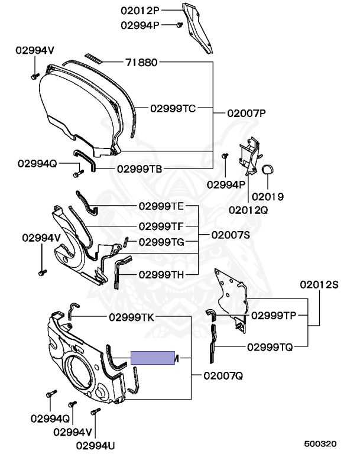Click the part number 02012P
click(141, 10)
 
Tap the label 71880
click(141, 62)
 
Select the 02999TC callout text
click(172, 108)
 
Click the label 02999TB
click(139, 168)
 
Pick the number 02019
click(268, 196)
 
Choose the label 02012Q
click(248, 209)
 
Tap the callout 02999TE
click(161, 206)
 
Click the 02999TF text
click(161, 226)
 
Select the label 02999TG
click(161, 242)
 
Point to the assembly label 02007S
click(230, 235)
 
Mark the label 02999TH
click(161, 274)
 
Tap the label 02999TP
click(273, 315)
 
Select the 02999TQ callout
click(270, 347)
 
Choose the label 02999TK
click(131, 317)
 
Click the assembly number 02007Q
click(223, 375)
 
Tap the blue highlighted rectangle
click(153, 358)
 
